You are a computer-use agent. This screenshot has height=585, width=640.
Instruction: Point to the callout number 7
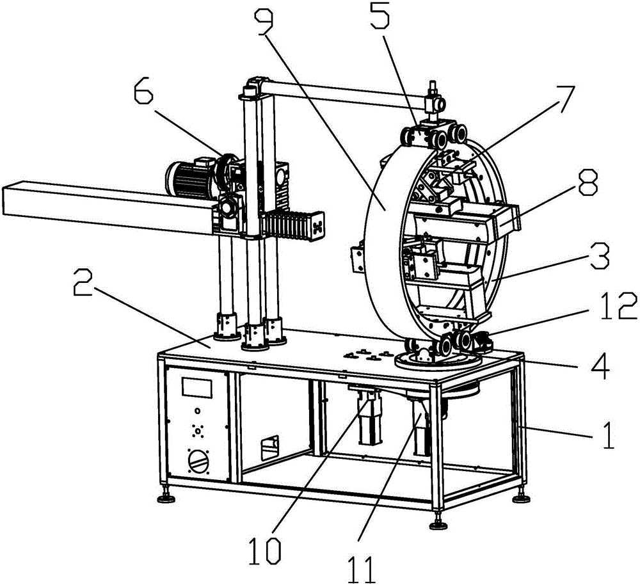563,99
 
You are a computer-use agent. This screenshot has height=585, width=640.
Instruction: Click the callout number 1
607,435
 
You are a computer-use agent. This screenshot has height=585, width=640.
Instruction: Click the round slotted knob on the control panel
198,461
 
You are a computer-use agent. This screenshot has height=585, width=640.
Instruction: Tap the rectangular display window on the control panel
198,387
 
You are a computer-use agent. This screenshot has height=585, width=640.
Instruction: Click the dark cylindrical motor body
191,177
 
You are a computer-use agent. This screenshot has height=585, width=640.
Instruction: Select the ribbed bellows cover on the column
290,227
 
